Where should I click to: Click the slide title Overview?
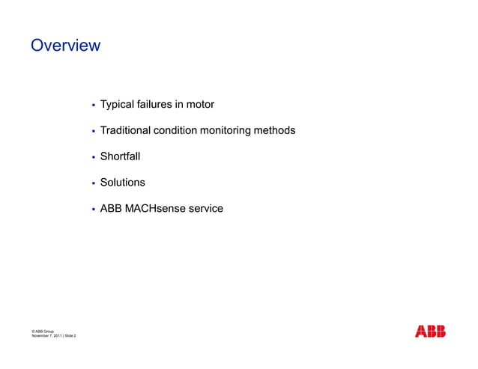point(65,46)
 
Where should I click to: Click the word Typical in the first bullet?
point(117,105)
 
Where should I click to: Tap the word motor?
point(200,105)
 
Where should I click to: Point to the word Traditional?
point(125,131)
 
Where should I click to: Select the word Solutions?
point(123,183)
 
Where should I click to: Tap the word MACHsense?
point(155,209)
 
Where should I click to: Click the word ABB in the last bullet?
point(112,209)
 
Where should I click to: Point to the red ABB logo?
point(430,332)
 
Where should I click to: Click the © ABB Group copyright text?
point(43,331)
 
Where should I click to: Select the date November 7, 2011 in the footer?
point(46,336)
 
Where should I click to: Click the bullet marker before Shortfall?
point(92,158)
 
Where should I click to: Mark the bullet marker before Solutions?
point(92,183)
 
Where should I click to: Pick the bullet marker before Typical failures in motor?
point(92,106)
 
